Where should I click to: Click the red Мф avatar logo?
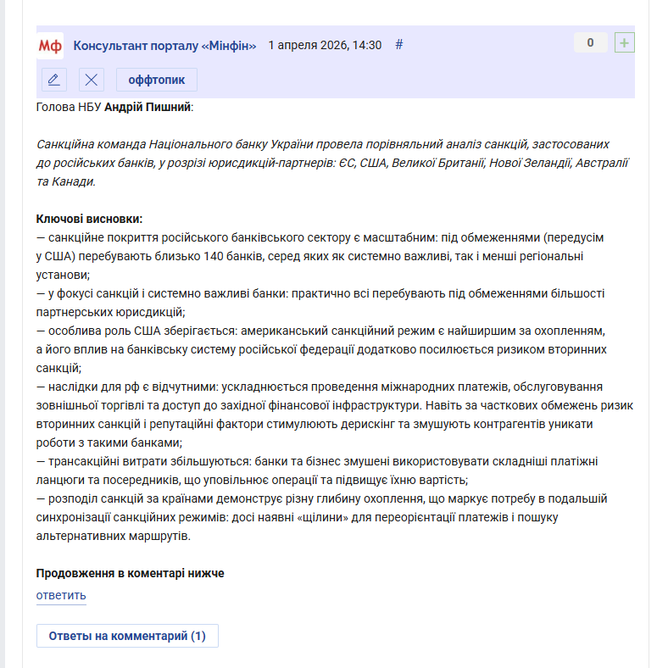51,46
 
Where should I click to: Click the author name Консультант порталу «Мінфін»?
164,46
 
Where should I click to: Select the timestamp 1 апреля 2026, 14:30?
325,46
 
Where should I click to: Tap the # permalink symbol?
399,45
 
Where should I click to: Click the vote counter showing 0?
590,43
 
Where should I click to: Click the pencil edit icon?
54,80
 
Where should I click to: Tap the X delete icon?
92,80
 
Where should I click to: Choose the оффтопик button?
157,80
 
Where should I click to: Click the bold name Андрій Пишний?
148,108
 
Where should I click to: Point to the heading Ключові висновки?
89,219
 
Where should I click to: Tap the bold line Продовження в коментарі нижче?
130,574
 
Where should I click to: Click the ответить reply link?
61,596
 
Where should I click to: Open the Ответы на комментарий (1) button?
127,636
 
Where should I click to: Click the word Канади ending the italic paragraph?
77,181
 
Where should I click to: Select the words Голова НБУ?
69,108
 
